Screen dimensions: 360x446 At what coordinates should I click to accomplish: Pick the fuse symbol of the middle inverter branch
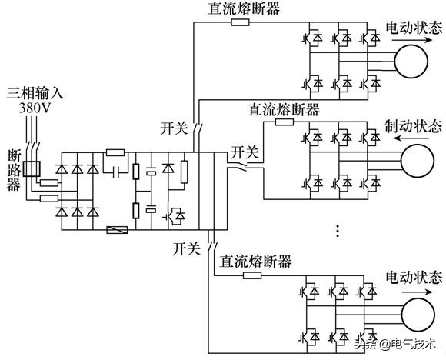point(284,121)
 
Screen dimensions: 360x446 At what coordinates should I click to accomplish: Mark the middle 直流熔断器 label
point(284,108)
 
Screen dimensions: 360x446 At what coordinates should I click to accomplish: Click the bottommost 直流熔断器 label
point(256,262)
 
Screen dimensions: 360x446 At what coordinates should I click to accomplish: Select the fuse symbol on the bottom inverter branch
point(251,275)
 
